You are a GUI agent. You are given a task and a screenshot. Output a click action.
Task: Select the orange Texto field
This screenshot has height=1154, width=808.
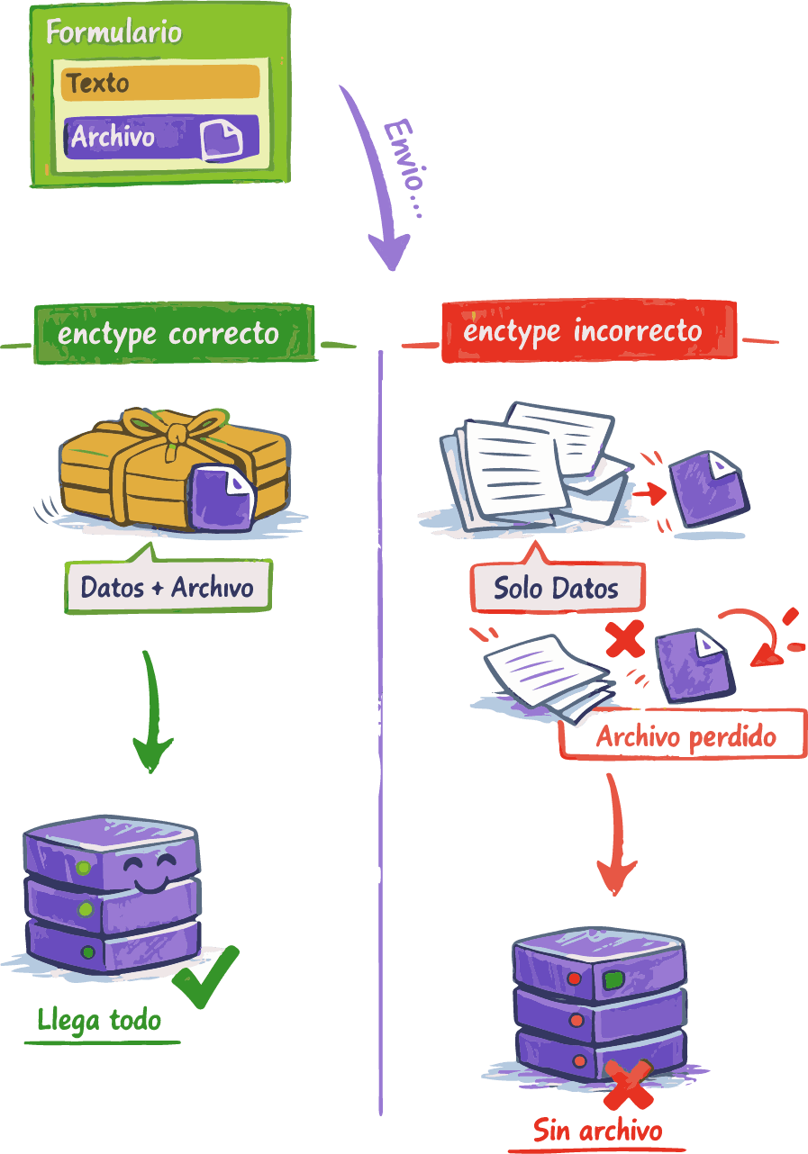160,83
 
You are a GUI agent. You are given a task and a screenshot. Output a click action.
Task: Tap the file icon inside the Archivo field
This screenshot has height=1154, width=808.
222,139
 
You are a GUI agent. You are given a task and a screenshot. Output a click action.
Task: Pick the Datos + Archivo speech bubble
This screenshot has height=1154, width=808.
168,588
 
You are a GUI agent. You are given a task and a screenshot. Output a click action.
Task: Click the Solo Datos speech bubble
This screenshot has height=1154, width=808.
556,589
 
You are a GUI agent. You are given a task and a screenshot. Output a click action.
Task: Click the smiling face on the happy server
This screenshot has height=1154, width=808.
149,871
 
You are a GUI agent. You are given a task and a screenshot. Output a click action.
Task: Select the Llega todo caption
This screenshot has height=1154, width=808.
99,1020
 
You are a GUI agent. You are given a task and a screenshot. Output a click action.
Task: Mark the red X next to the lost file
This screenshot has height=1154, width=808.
624,639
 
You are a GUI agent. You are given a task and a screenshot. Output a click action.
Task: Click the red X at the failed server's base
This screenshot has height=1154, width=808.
628,1086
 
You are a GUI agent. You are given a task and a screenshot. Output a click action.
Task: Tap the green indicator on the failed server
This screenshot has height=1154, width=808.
613,980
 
